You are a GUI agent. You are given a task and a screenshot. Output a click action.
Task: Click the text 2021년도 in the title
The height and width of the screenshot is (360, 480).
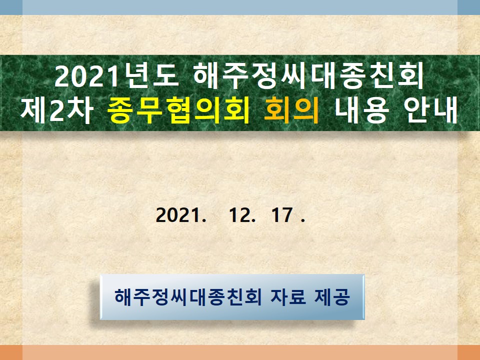[116, 75]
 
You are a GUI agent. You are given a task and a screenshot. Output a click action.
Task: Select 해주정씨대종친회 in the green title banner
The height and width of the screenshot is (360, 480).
[309, 75]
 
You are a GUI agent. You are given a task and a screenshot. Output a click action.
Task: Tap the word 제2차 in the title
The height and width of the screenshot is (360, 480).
[57, 110]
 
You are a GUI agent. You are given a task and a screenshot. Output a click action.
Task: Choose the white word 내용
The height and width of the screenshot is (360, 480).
[362, 110]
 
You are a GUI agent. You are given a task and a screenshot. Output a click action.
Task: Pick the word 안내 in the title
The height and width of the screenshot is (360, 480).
[430, 110]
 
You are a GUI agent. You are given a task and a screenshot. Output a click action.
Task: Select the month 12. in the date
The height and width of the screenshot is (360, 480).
[242, 215]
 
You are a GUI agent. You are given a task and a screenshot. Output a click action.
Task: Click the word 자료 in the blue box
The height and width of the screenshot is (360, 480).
[288, 296]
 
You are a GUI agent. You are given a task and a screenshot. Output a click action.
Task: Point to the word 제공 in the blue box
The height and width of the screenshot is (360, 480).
[332, 296]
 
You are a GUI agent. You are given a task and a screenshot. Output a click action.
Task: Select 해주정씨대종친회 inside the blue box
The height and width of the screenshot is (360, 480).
[188, 296]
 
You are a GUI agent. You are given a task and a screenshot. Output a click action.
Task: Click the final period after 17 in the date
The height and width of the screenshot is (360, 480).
[303, 220]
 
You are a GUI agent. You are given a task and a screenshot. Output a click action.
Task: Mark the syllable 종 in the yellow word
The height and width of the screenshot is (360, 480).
[120, 110]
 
